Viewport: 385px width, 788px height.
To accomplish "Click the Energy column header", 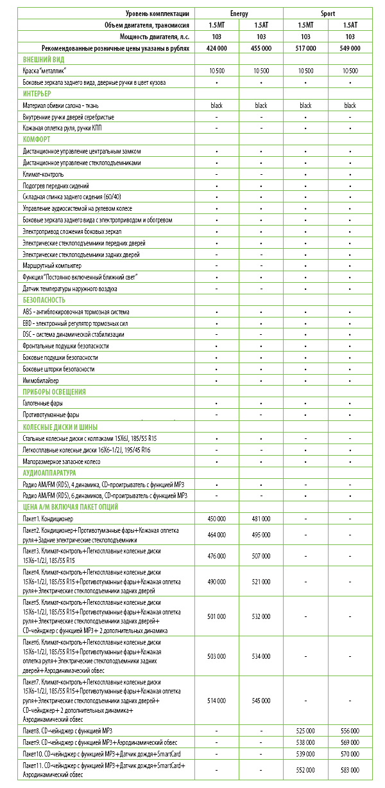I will pos(239,13).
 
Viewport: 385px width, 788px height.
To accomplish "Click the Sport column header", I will pos(328,13).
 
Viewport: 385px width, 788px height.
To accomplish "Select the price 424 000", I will pos(217,48).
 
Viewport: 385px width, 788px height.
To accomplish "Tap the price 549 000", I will pos(350,48).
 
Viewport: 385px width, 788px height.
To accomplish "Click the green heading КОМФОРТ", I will pos(37,139).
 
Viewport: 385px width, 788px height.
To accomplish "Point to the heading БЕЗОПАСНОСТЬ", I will pos(44,300).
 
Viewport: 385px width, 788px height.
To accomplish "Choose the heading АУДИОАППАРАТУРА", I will pos(49,472).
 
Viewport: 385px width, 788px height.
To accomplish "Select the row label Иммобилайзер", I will pos(42,381).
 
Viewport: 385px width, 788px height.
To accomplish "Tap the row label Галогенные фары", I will pos(44,404).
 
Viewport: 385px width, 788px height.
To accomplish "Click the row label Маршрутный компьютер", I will pos(52,265).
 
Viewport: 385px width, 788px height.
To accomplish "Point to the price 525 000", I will pos(305,731).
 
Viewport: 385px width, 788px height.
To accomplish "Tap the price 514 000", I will pos(217,701).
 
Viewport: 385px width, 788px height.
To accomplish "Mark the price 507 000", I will pos(261,556).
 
